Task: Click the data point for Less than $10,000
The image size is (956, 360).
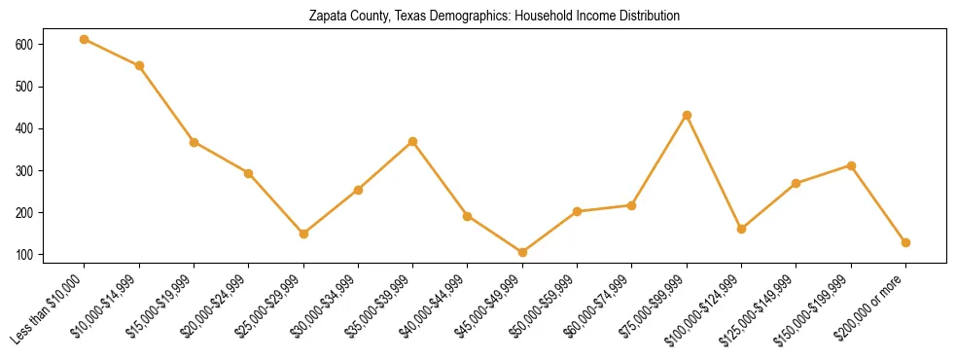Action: pyautogui.click(x=85, y=39)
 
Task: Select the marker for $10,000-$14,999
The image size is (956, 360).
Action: pyautogui.click(x=139, y=65)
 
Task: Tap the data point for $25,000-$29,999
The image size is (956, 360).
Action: pyautogui.click(x=303, y=234)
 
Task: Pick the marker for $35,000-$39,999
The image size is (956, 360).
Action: pyautogui.click(x=413, y=141)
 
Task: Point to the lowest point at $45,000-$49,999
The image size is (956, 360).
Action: pyautogui.click(x=522, y=252)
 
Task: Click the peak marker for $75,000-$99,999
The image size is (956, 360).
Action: pyautogui.click(x=687, y=115)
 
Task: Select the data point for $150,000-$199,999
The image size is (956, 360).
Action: pyautogui.click(x=851, y=165)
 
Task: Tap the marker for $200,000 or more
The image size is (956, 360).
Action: pyautogui.click(x=905, y=242)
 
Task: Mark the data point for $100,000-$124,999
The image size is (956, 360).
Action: pyautogui.click(x=741, y=229)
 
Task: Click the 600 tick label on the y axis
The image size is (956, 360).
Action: pyautogui.click(x=23, y=45)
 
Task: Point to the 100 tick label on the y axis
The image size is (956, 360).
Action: pyautogui.click(x=23, y=255)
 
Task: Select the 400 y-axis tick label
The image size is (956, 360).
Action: pyautogui.click(x=23, y=128)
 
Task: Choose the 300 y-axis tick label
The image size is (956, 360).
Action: pyautogui.click(x=23, y=171)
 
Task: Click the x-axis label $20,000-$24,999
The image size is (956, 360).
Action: pyautogui.click(x=214, y=306)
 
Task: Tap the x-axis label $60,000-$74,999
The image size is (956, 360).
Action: pyautogui.click(x=597, y=306)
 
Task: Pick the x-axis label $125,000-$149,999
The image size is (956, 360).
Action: pyautogui.click(x=759, y=308)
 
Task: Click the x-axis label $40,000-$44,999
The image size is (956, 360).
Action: pyautogui.click(x=433, y=306)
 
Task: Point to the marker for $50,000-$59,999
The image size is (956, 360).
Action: pyautogui.click(x=577, y=211)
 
